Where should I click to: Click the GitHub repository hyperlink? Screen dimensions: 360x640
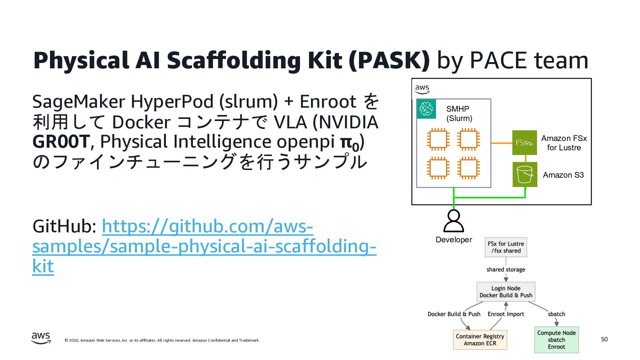click(x=204, y=246)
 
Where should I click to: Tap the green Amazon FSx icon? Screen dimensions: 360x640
click(x=524, y=143)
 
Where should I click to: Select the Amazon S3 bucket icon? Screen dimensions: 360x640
click(x=525, y=175)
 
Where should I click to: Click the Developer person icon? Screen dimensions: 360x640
click(x=453, y=221)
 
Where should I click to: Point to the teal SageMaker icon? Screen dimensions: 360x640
click(x=426, y=109)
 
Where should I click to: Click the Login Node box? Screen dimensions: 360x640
click(x=506, y=292)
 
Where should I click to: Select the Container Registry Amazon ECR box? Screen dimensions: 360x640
click(x=480, y=340)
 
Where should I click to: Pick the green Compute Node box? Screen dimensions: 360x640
click(x=556, y=340)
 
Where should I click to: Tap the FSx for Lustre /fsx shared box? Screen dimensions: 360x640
click(x=506, y=247)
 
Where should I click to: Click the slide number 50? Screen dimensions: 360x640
click(x=604, y=339)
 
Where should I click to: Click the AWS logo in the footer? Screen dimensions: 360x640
click(x=41, y=338)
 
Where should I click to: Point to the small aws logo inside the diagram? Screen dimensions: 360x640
click(x=422, y=89)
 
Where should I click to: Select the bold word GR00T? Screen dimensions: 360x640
click(x=61, y=141)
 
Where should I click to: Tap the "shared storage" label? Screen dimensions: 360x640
click(x=506, y=269)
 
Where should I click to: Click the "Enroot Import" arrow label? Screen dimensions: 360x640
click(x=506, y=314)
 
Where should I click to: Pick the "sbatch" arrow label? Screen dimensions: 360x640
click(x=556, y=314)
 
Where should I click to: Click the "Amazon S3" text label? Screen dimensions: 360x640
click(x=563, y=175)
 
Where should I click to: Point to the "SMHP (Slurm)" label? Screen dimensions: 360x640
click(x=459, y=114)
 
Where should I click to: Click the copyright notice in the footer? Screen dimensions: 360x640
click(x=162, y=340)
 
